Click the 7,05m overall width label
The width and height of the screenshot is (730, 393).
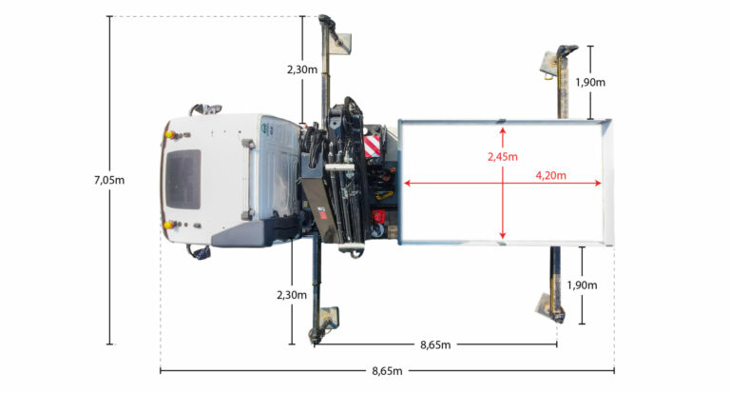pos(109,180)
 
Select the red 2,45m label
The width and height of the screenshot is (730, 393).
pos(502,157)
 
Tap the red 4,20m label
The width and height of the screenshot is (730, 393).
pos(550,175)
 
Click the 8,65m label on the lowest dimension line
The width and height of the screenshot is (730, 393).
pos(387,371)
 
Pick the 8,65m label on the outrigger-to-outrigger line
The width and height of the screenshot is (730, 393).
pos(435,345)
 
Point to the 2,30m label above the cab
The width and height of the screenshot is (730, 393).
pos(302,69)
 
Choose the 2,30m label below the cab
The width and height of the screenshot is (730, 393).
pos(292,295)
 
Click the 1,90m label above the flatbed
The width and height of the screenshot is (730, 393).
pos(590,83)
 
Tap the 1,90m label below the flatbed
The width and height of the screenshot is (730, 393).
pos(582,285)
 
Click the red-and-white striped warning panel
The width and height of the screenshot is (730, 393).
pos(372,146)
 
